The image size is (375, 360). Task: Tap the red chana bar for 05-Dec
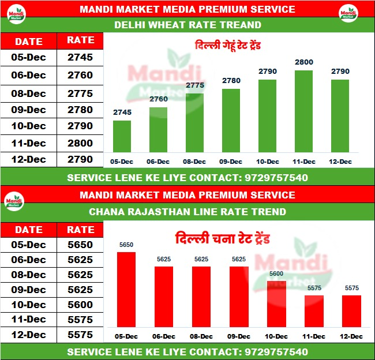pyautogui.click(x=126, y=290)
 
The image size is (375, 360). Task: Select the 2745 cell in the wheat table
pyautogui.click(x=80, y=58)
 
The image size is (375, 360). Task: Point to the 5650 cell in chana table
pyautogui.click(x=80, y=245)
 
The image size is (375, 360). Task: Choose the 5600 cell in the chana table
pyautogui.click(x=80, y=305)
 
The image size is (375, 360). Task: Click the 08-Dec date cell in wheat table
pyautogui.click(x=29, y=93)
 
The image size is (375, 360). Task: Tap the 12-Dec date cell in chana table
pyautogui.click(x=29, y=335)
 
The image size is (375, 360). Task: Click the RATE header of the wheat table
pyautogui.click(x=80, y=40)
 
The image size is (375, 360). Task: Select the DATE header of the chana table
pyautogui.click(x=29, y=229)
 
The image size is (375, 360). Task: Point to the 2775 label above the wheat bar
pyautogui.click(x=196, y=85)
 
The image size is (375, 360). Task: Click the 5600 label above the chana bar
pyautogui.click(x=276, y=274)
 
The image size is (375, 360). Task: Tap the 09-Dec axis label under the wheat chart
pyautogui.click(x=231, y=162)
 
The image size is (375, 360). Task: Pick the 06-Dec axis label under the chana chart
pyautogui.click(x=164, y=336)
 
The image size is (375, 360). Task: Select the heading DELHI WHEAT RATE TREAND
pyautogui.click(x=187, y=25)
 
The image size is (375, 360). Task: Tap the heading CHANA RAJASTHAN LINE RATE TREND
pyautogui.click(x=187, y=212)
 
